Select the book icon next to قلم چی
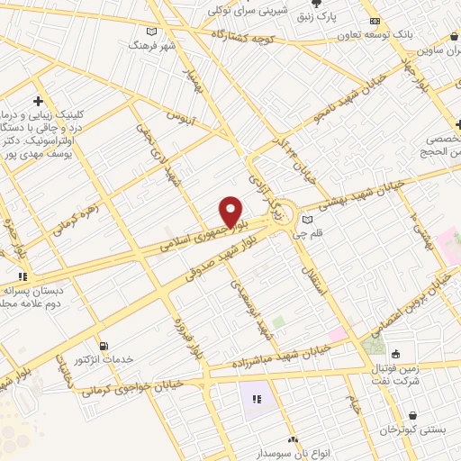pyautogui.click(x=308, y=219)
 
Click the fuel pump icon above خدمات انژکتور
pyautogui.click(x=104, y=346)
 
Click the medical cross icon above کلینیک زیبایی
pyautogui.click(x=38, y=100)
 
